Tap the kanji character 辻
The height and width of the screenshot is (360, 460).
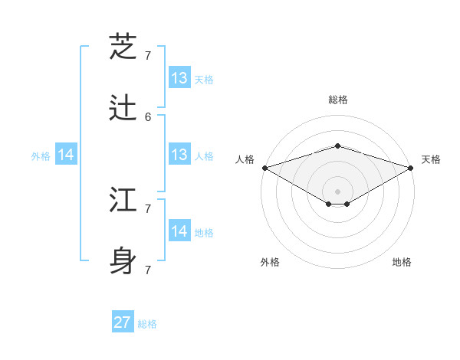tap(124, 109)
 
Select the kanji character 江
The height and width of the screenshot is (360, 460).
tap(124, 201)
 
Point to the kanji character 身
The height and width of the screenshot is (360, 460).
tap(124, 261)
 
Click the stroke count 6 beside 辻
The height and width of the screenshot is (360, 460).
tap(148, 116)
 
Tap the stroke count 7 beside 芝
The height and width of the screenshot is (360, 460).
tap(148, 55)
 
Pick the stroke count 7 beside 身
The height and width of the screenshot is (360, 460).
tap(148, 270)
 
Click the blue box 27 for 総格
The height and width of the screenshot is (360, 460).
tap(123, 322)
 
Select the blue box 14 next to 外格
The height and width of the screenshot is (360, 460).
tap(66, 155)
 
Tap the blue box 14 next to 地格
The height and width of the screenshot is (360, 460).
tap(179, 231)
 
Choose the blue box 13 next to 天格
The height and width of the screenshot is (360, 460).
tap(179, 78)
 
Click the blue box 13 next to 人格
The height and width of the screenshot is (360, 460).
tap(179, 155)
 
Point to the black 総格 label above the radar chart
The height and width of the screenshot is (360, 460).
tap(338, 100)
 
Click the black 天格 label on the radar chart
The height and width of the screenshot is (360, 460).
tap(431, 159)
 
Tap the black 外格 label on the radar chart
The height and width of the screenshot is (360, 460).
tap(270, 262)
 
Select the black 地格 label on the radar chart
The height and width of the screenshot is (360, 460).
tap(402, 262)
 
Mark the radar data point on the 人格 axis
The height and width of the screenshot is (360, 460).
tap(264, 168)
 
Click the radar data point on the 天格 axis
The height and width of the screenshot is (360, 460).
tap(411, 168)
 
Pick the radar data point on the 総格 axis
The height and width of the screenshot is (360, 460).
tap(338, 146)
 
